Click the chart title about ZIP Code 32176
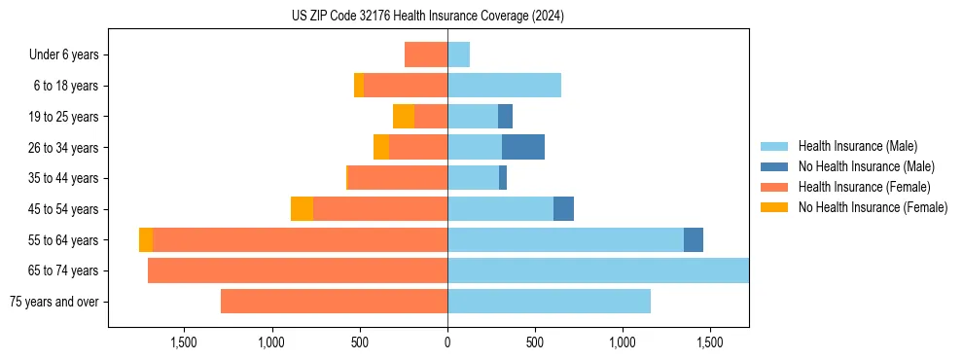(427, 17)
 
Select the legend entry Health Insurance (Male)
(857, 146)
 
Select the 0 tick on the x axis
(447, 342)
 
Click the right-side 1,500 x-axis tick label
(710, 342)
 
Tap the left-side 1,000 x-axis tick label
(271, 342)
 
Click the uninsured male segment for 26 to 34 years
(523, 147)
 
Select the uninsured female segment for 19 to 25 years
(404, 117)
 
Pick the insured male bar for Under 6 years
(458, 54)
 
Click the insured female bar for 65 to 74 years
(298, 270)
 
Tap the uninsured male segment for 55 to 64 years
(694, 240)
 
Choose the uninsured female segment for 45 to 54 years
(302, 209)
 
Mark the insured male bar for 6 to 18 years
(504, 86)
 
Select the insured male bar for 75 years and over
(549, 302)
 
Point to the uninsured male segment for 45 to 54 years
(563, 209)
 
